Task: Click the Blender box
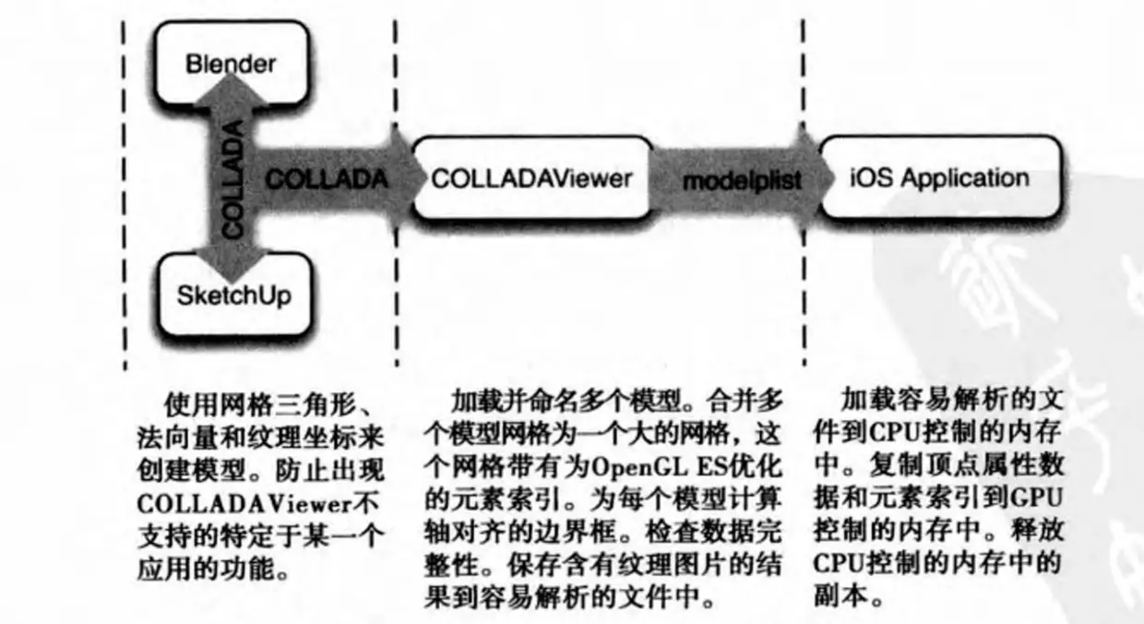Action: [x=230, y=64]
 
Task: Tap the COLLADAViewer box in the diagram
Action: [x=530, y=178]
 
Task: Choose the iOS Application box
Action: [x=938, y=178]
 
